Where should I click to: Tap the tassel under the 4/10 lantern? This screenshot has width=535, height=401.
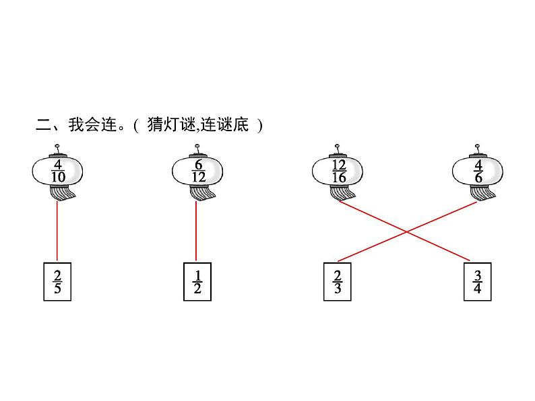pos(62,194)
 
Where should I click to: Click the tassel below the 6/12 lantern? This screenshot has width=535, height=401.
pos(201,194)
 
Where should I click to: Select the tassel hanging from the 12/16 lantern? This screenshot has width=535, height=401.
pos(343,194)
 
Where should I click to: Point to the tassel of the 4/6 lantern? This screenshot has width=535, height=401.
pos(483,194)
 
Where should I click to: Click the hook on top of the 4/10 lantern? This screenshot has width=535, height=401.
pos(57,148)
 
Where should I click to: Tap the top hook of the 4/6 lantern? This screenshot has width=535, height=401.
pos(478,147)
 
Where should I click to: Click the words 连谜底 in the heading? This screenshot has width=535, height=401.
pos(223,125)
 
